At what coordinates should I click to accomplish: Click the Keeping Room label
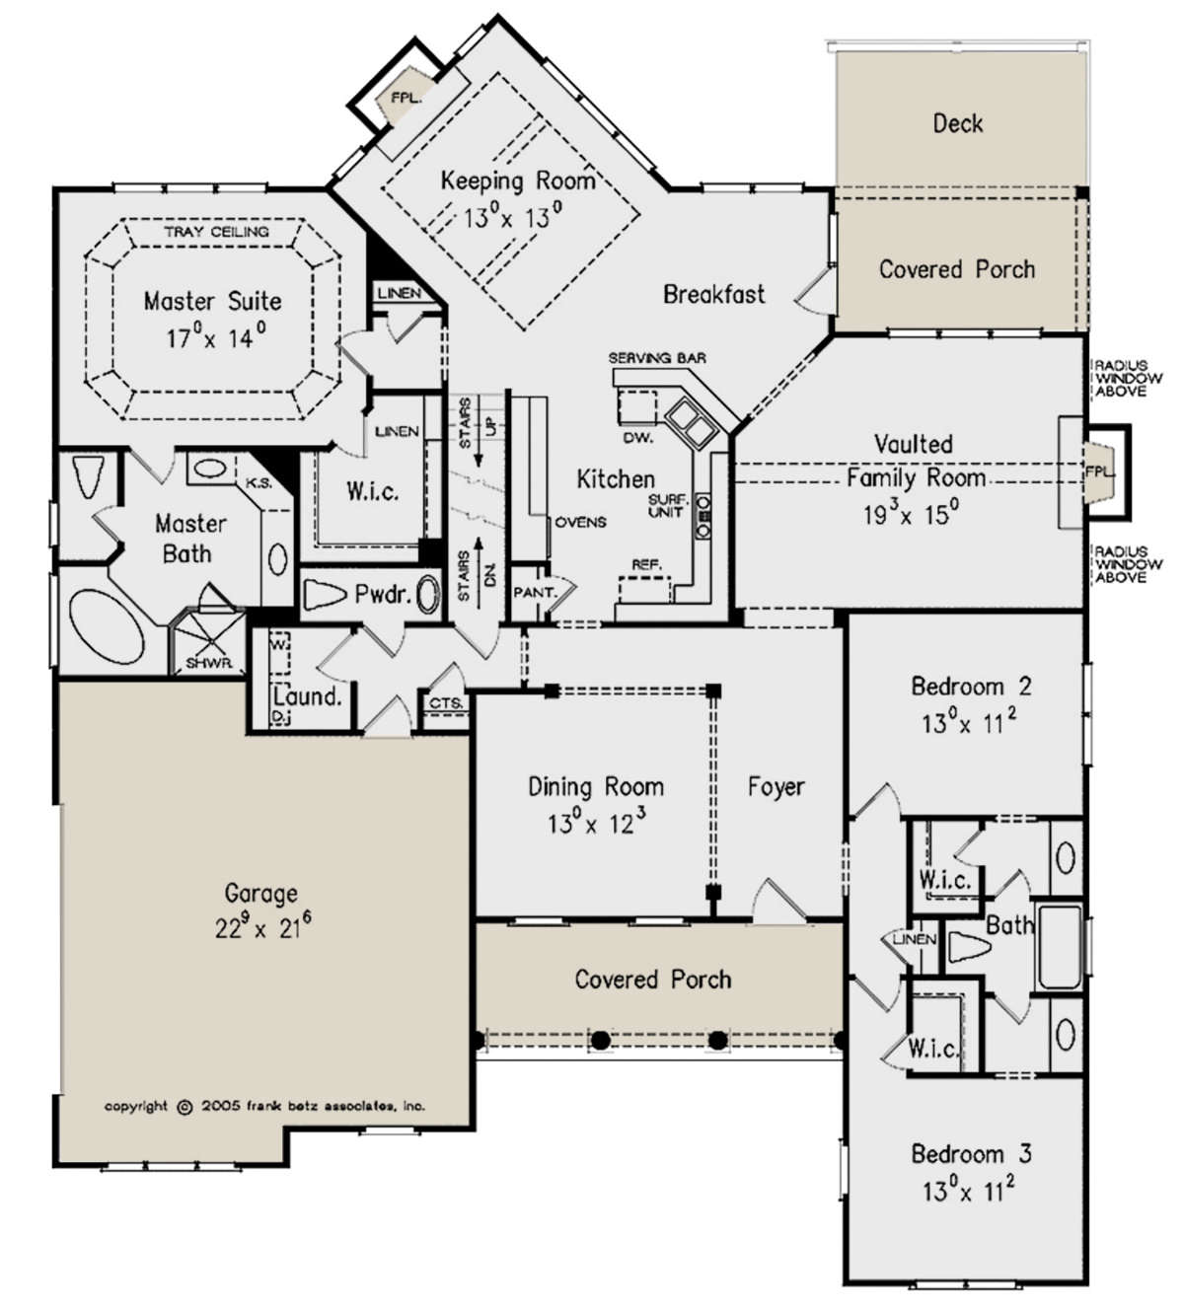[x=518, y=181]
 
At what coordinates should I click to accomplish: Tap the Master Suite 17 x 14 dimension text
[x=215, y=337]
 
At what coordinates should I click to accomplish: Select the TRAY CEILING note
[x=216, y=232]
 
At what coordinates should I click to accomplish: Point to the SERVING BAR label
[x=656, y=358]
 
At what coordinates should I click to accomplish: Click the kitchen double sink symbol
[x=690, y=422]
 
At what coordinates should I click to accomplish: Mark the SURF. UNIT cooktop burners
[x=703, y=516]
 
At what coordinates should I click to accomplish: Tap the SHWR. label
[x=209, y=663]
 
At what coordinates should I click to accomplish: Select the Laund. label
[x=308, y=696]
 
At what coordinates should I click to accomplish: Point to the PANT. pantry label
[x=535, y=593]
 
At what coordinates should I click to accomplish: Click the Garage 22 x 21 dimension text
[x=263, y=928]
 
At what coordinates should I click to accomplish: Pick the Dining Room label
[x=596, y=787]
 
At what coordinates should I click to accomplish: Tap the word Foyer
[x=776, y=787]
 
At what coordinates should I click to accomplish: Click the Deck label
[x=957, y=123]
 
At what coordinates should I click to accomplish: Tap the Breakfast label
[x=714, y=294]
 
